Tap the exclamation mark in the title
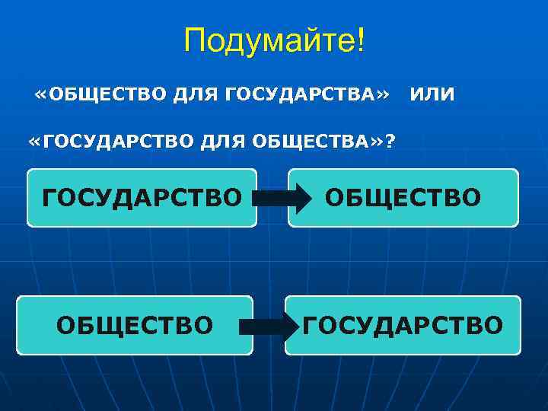click(360, 40)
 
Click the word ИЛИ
click(432, 95)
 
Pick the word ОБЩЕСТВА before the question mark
click(308, 141)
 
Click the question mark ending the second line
click(390, 141)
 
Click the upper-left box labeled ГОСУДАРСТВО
click(142, 198)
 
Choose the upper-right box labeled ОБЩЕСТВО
click(403, 198)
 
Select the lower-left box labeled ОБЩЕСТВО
click(135, 326)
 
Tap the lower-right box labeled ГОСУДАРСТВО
click(403, 326)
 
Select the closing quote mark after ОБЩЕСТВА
click(378, 142)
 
